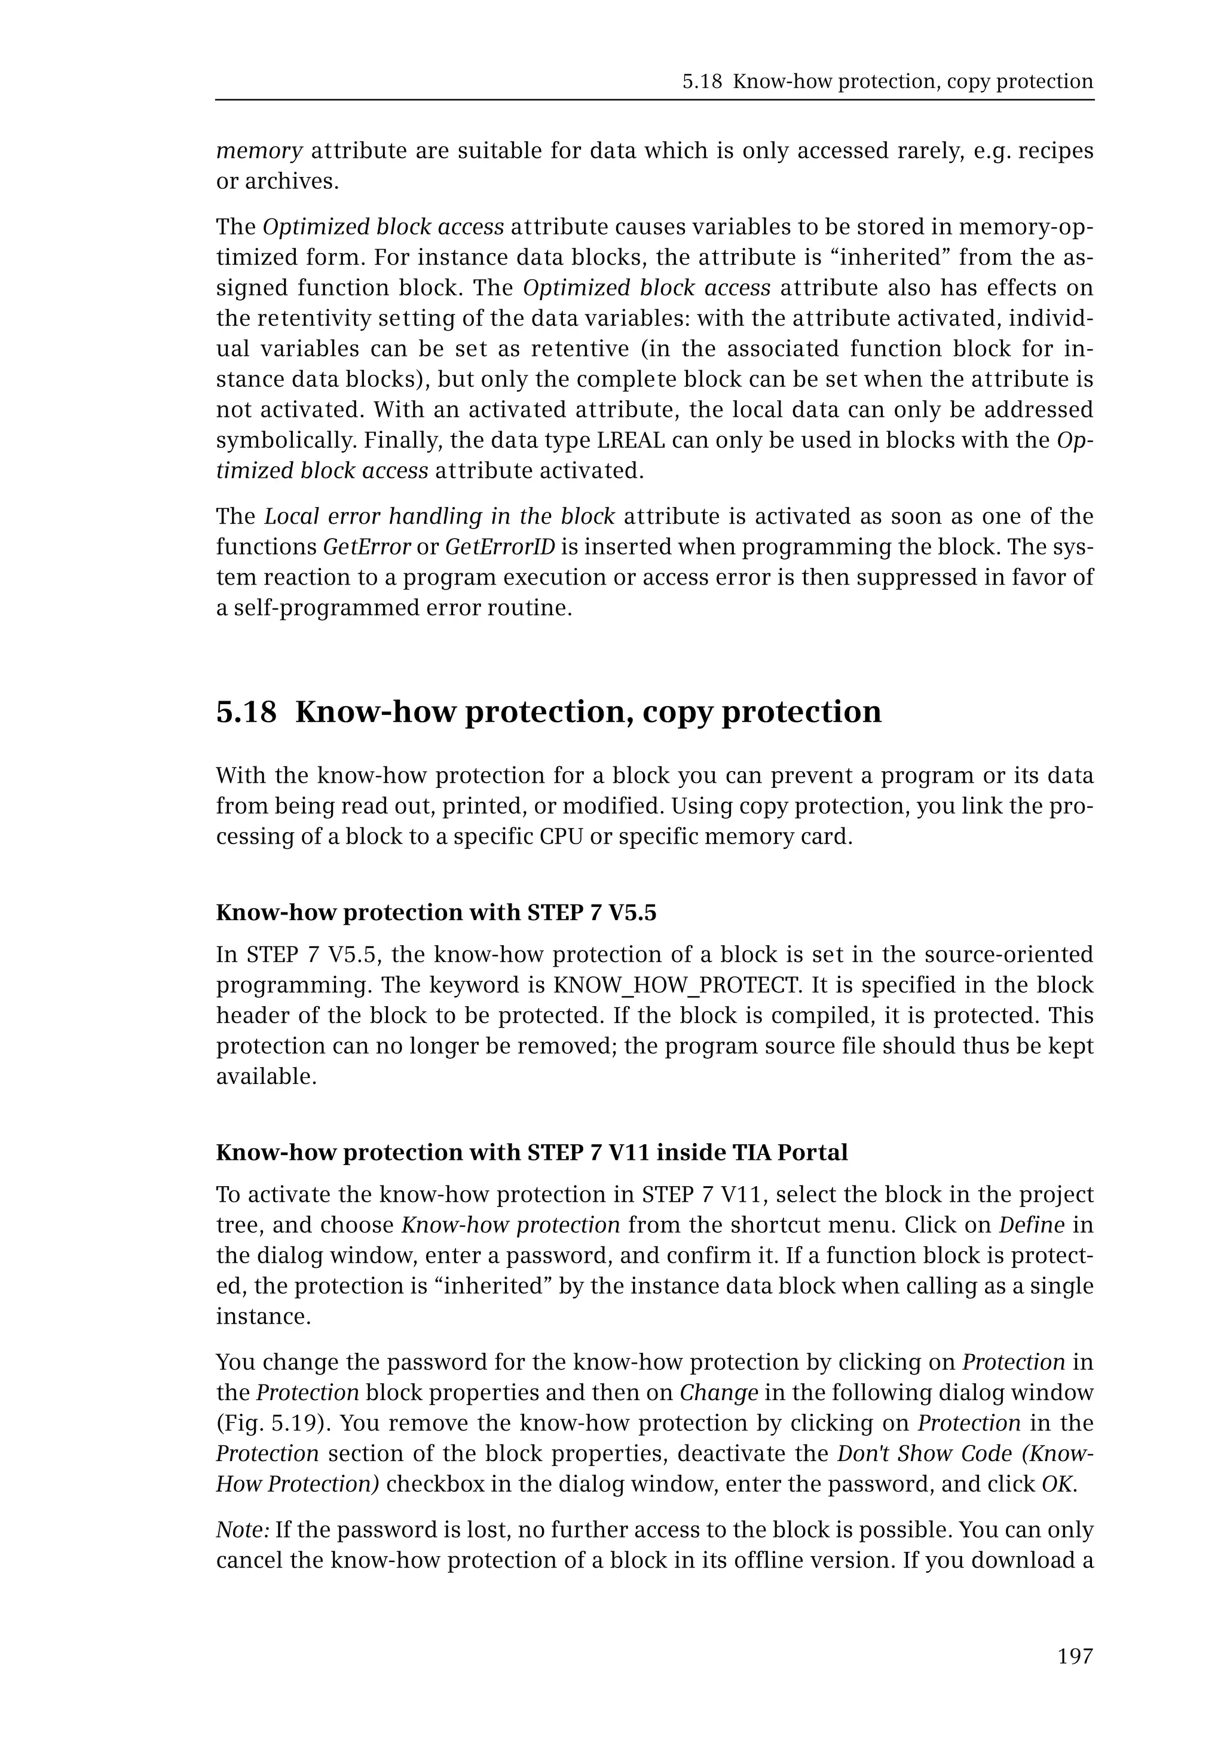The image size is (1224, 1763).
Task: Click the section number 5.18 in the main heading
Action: [246, 712]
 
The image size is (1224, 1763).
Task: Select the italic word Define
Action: [1032, 1225]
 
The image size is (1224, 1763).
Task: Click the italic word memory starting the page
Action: [259, 151]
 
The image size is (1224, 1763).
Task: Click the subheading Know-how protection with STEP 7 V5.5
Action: [436, 912]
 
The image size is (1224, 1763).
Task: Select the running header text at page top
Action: [888, 81]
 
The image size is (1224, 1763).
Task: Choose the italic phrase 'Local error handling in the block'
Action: [439, 517]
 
